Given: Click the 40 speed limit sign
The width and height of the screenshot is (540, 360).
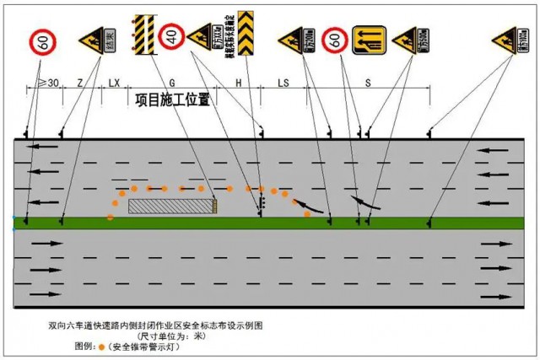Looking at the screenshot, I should point(172,35).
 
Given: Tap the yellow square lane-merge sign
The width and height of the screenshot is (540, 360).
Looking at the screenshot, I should point(369,39).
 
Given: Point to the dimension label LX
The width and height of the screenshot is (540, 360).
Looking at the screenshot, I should point(115,83).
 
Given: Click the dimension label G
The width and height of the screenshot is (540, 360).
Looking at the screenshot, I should point(172,83).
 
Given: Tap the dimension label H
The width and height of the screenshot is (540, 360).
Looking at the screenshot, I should point(238,83).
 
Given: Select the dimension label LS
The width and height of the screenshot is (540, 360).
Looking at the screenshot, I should point(283,83).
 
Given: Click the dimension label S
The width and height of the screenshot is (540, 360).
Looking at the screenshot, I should point(368,83).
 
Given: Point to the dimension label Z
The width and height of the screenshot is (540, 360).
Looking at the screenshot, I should point(79,83).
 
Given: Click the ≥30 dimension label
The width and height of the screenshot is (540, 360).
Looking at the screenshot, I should point(49,83).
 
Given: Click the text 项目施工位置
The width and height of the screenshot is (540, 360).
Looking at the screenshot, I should point(172,99).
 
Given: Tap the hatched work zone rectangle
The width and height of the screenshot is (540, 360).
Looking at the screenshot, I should point(170,205).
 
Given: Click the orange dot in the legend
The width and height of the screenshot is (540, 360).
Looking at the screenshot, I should point(102,346).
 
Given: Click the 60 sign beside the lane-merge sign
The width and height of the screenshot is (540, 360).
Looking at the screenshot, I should point(335,39).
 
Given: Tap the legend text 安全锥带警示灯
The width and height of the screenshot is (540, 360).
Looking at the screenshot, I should point(152,346).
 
